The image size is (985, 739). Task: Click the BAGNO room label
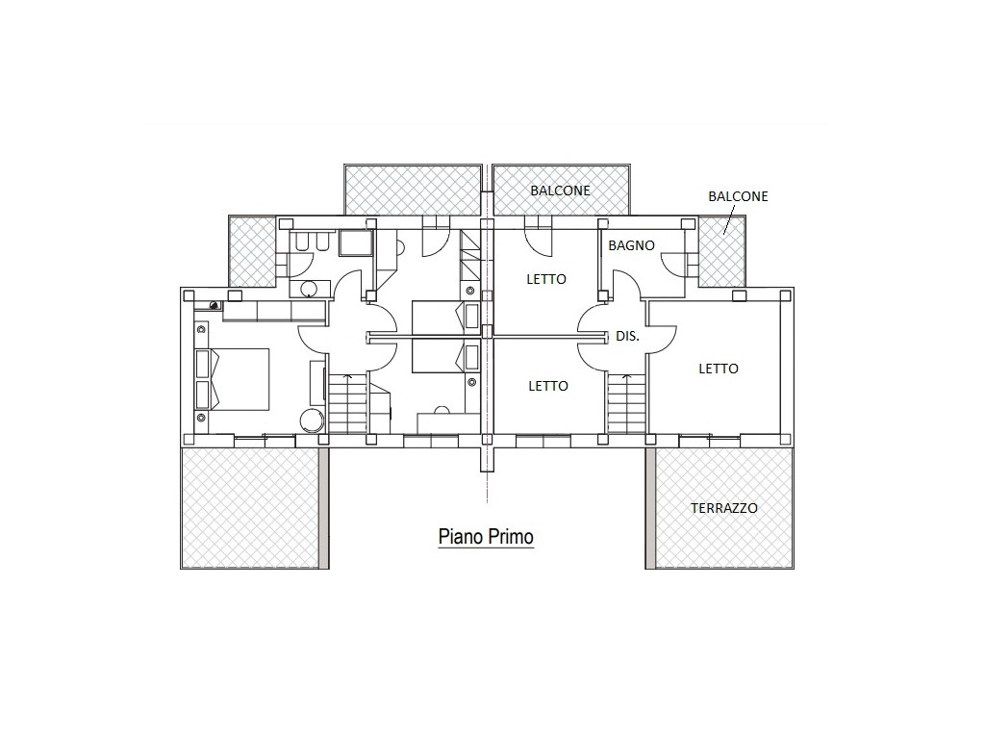point(631,245)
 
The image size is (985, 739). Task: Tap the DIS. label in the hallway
point(627,336)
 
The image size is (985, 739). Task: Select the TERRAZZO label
point(723,508)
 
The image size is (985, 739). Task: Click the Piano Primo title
point(486,537)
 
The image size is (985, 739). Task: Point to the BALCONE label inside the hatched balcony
point(561,191)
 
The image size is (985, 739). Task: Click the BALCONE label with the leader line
point(738,196)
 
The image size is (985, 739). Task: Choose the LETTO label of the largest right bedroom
point(719,369)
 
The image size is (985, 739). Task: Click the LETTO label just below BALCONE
point(546,279)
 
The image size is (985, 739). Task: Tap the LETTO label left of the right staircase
point(548,386)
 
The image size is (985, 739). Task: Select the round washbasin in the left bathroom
point(309,289)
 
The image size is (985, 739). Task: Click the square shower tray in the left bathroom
point(356,243)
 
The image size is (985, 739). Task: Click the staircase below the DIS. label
point(626,403)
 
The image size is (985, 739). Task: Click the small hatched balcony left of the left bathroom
point(251,251)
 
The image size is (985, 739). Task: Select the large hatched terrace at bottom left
point(250,508)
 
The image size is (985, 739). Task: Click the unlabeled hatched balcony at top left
point(413,190)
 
